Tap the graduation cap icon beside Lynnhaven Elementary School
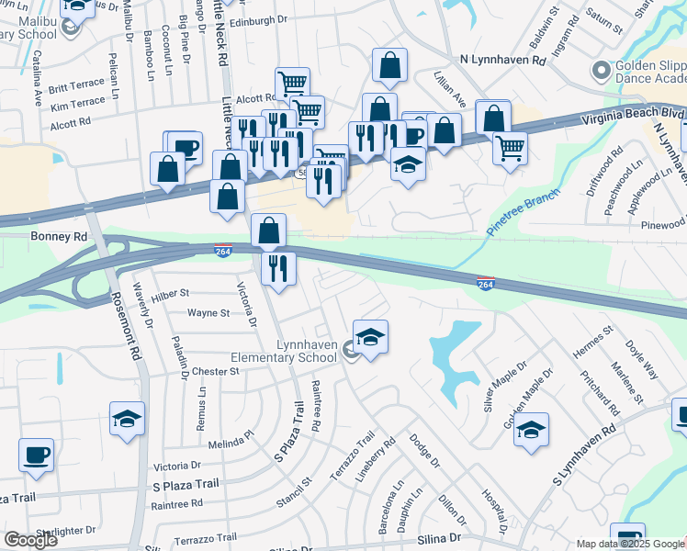(x=370, y=338)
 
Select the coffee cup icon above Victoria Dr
(x=36, y=455)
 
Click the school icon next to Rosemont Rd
(x=127, y=420)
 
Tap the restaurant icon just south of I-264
(x=278, y=268)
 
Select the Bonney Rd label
(x=58, y=236)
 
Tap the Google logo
(x=30, y=539)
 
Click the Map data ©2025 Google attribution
(x=630, y=544)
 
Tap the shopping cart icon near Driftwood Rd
(x=510, y=146)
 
